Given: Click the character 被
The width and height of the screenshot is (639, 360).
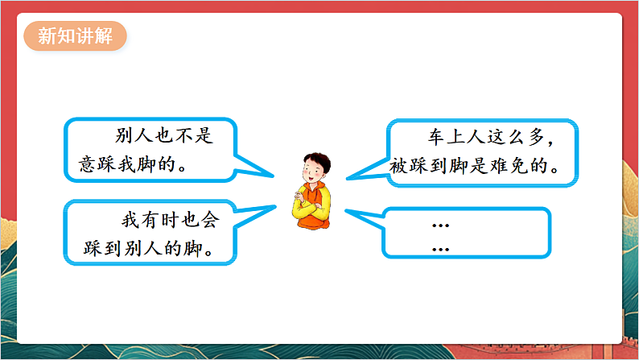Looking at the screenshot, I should coord(400,166).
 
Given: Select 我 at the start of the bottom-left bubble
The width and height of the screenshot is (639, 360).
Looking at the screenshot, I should coord(130,218).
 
